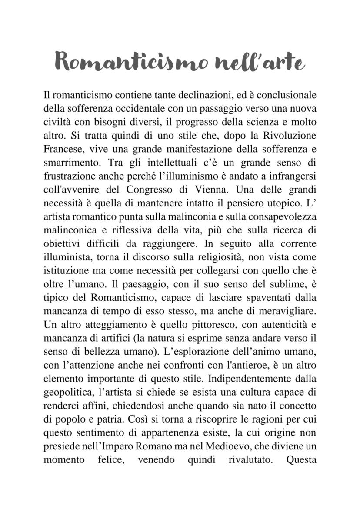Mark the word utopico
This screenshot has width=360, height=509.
click(x=280, y=204)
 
